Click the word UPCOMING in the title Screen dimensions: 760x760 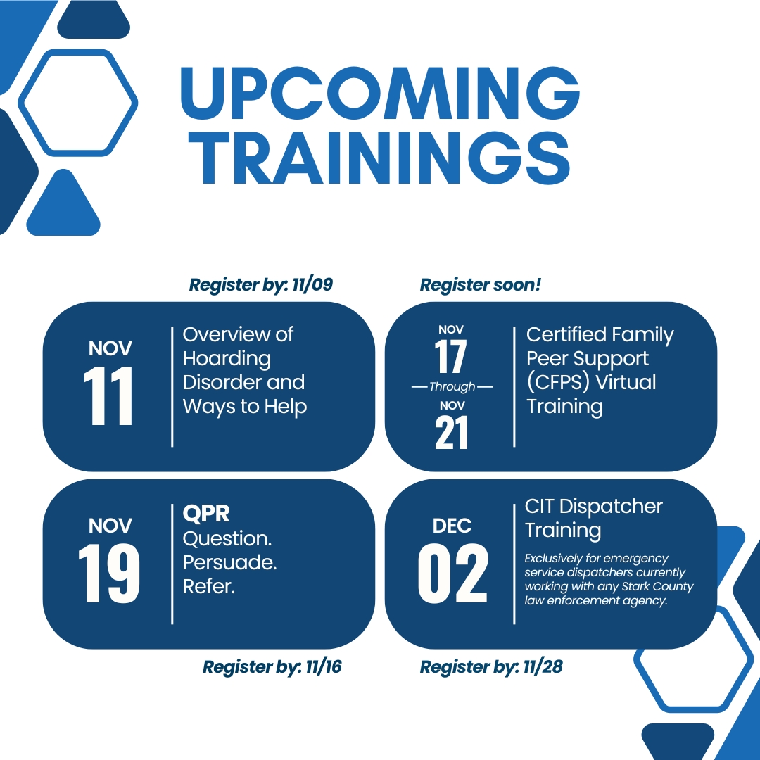[x=380, y=94]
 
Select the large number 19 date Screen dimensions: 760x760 [x=109, y=574]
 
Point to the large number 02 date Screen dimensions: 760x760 [x=452, y=574]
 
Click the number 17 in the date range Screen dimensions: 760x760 [x=451, y=357]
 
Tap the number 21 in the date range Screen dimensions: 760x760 [x=451, y=433]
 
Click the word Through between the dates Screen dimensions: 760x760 [x=452, y=387]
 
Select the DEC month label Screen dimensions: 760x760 [x=452, y=526]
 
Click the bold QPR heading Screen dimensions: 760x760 [x=206, y=513]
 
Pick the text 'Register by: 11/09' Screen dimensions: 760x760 [x=260, y=285]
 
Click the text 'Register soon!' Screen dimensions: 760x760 [x=480, y=285]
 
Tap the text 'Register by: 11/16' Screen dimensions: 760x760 [x=272, y=666]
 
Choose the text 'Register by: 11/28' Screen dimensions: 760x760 [x=491, y=666]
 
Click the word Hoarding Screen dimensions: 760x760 [x=227, y=359]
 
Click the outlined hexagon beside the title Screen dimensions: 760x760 [x=77, y=103]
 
